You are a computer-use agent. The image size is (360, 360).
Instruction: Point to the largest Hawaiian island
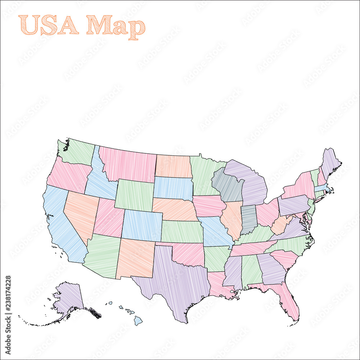coord(138,320)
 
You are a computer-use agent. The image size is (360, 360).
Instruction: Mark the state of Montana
coord(128,164)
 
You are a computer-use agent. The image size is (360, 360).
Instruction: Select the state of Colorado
coord(141,225)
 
